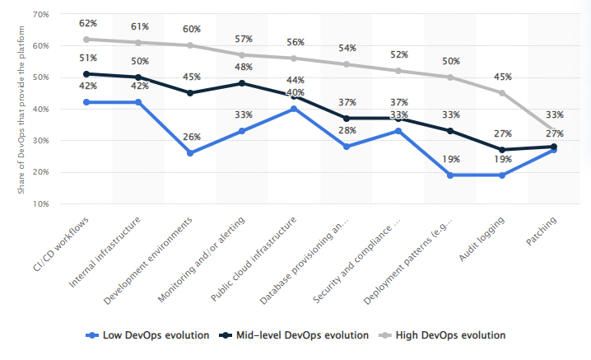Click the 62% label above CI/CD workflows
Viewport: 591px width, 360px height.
87,24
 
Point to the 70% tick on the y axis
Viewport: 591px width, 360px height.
40,15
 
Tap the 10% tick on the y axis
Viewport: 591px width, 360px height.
40,203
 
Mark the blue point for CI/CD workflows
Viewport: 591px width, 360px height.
87,102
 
